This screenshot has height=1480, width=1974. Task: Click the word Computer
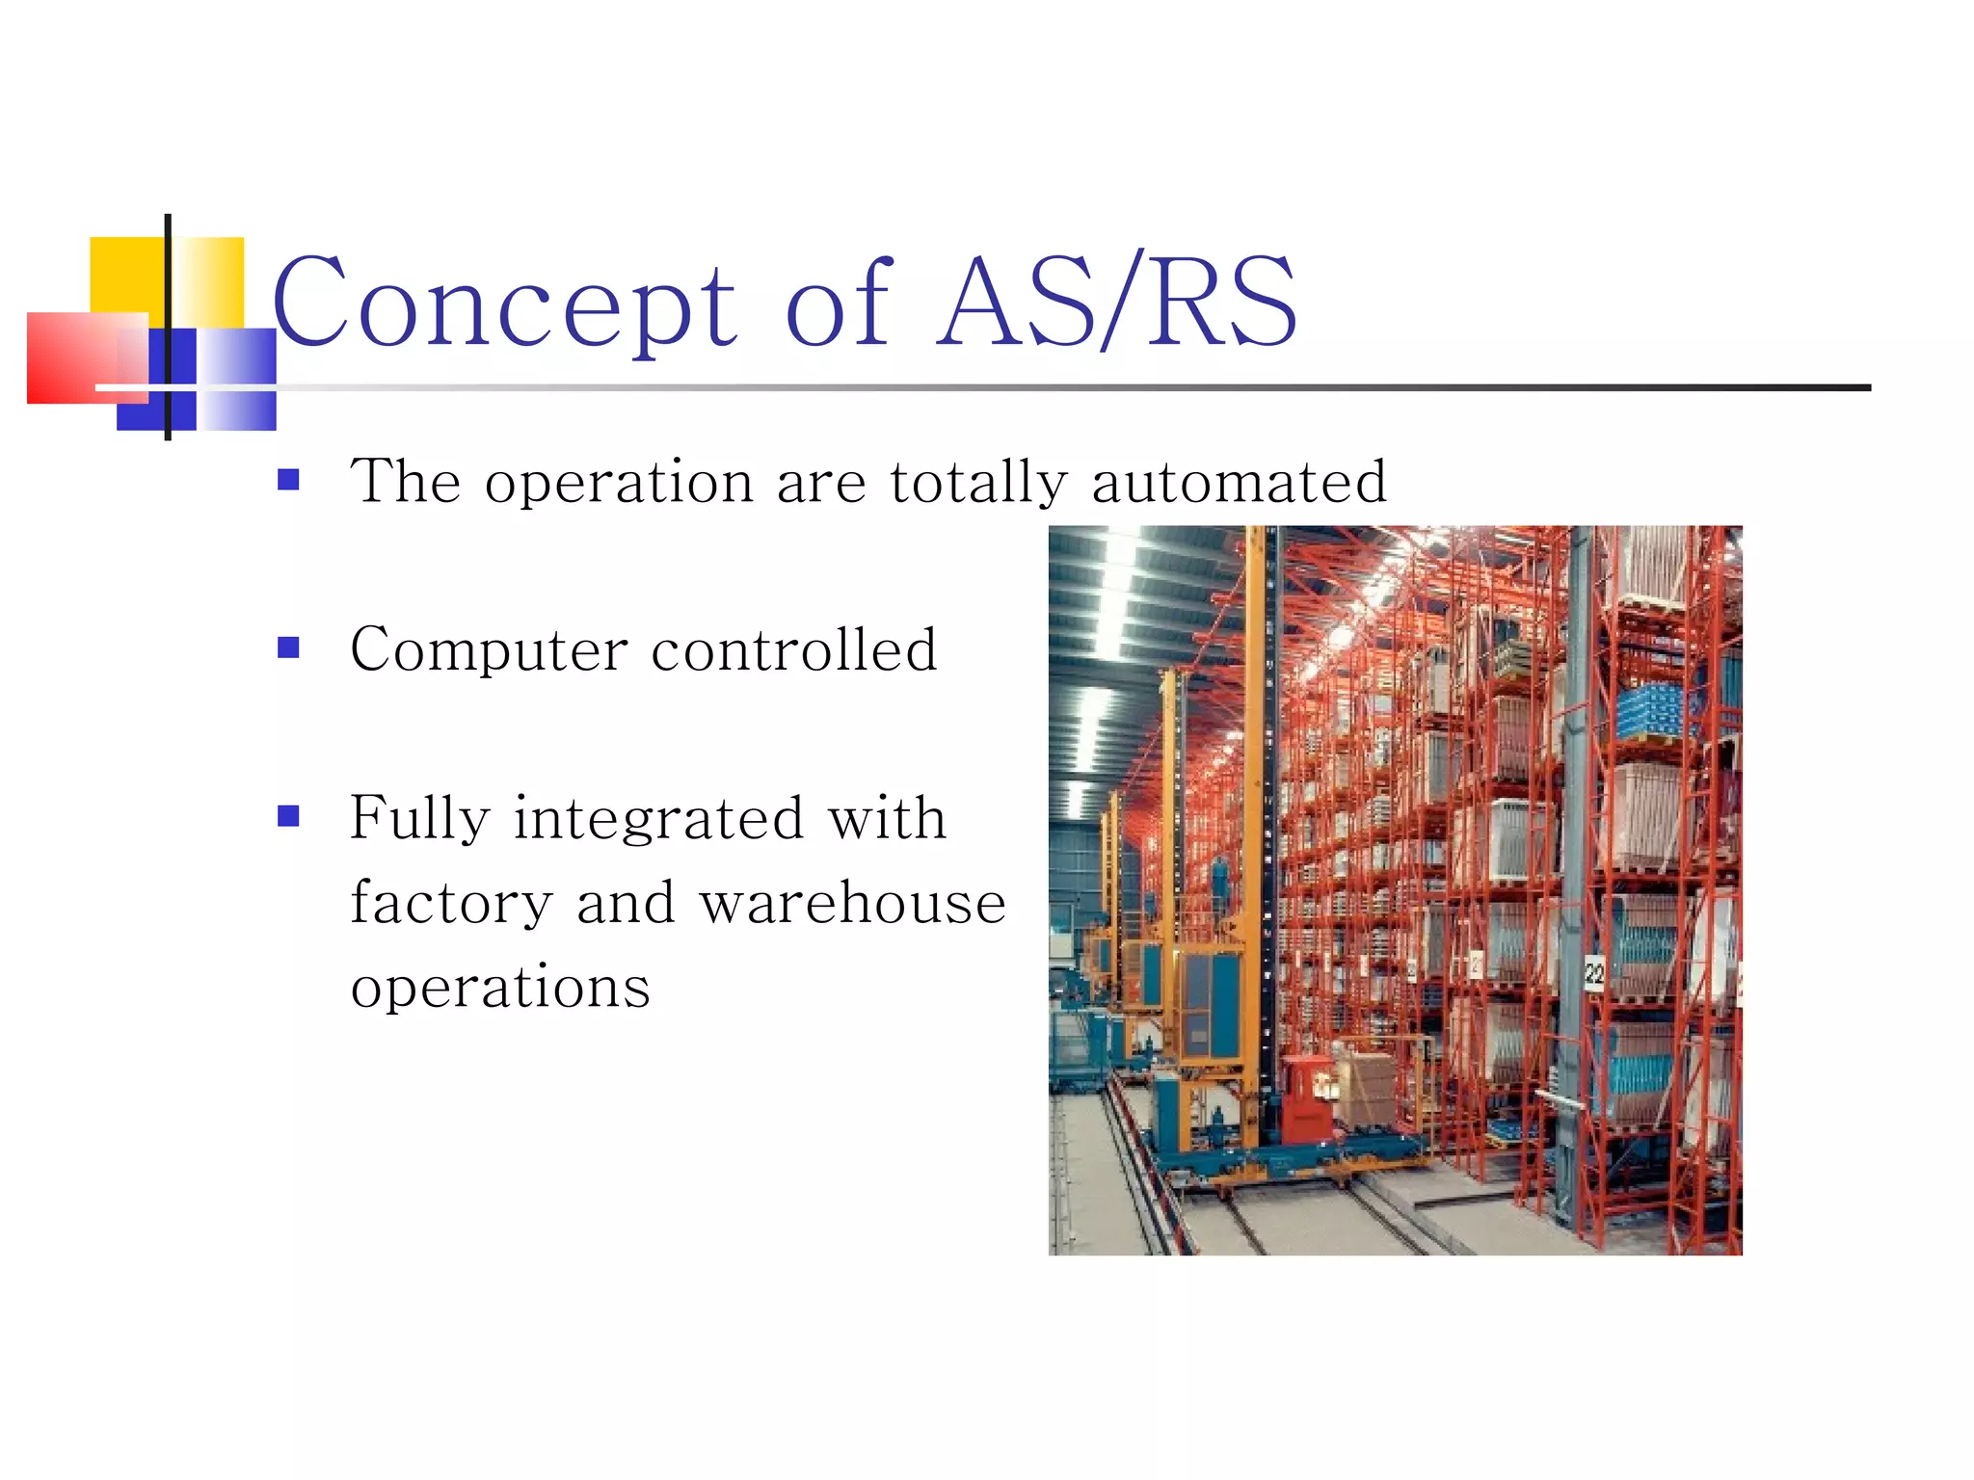(489, 651)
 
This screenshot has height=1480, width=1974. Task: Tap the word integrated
(658, 819)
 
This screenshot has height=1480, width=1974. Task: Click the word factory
(451, 904)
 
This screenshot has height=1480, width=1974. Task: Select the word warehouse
(852, 903)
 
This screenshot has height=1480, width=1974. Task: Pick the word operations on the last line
(500, 988)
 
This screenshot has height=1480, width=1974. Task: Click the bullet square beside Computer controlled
(288, 647)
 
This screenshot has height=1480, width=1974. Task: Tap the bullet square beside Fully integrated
(288, 816)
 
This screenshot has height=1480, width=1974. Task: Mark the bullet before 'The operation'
(288, 479)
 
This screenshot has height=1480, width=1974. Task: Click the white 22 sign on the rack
(1594, 973)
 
